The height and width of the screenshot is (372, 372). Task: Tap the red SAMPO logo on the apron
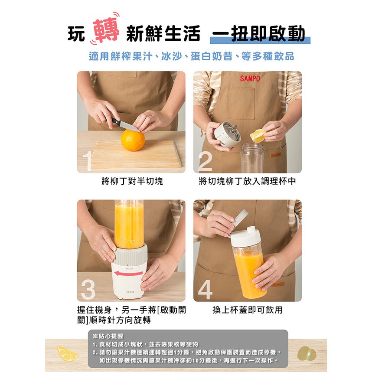[250, 78]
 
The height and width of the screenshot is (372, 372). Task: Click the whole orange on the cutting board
[133, 140]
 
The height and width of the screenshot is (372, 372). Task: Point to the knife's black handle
[116, 122]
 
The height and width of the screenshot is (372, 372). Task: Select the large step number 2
[205, 161]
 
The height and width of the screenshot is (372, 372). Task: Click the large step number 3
[88, 290]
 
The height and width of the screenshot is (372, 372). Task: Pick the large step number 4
[205, 290]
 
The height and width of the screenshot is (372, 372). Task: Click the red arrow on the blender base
[128, 274]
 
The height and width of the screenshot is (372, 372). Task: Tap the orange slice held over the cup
[258, 135]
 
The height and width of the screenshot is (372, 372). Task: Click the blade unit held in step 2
[227, 134]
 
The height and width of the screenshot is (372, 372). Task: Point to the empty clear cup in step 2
[252, 158]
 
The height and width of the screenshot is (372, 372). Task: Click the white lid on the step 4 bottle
[245, 237]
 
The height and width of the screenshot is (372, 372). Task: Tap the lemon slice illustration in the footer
[68, 353]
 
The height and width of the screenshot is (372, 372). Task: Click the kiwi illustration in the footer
[307, 353]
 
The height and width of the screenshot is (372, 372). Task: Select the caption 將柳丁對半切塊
[132, 181]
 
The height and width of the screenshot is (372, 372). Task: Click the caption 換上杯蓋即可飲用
[248, 310]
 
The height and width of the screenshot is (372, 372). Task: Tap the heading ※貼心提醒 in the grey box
[108, 336]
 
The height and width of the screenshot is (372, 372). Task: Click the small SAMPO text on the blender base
[130, 292]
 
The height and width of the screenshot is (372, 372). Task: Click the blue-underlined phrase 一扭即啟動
[259, 33]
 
